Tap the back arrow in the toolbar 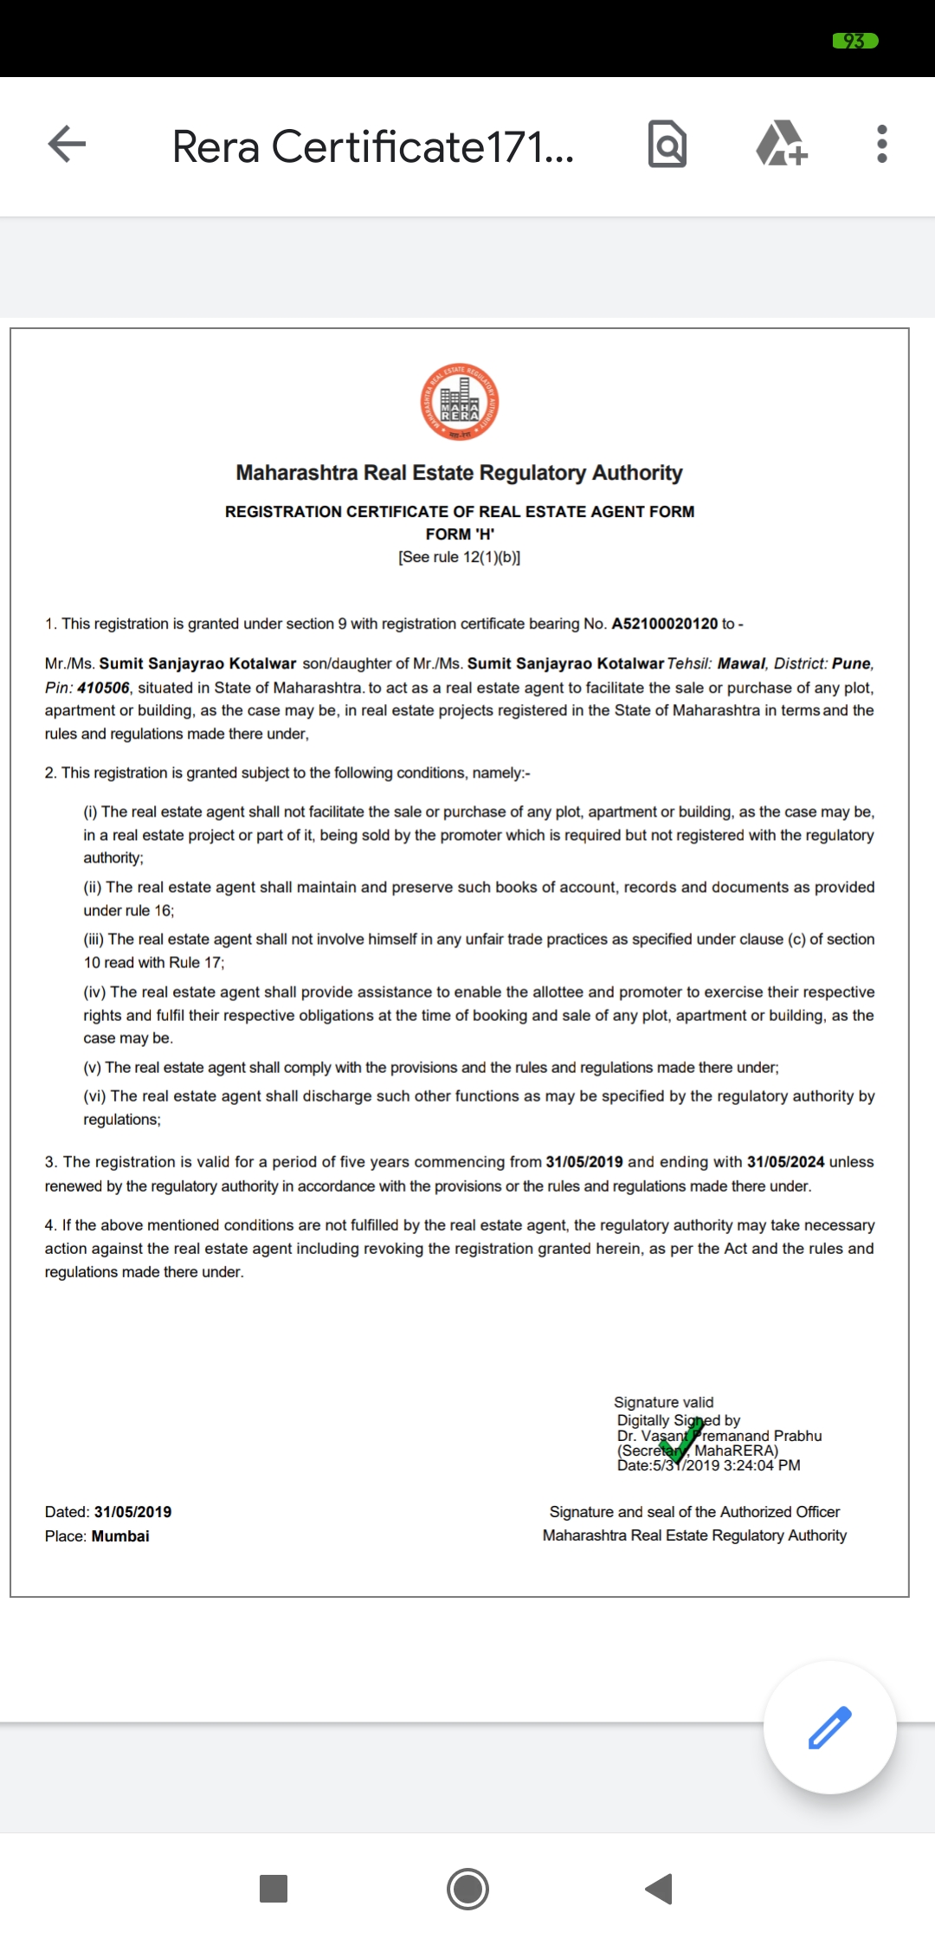[68, 144]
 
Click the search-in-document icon [667, 144]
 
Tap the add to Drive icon [782, 144]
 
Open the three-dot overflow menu [881, 144]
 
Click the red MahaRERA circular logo [460, 402]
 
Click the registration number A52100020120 [664, 624]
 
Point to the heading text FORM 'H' [460, 534]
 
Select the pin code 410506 [103, 688]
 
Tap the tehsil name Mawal [741, 663]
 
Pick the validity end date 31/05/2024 [785, 1161]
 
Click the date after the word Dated [132, 1512]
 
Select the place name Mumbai [120, 1536]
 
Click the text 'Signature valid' [663, 1402]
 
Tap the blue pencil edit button [829, 1728]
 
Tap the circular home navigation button [467, 1889]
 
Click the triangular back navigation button [660, 1889]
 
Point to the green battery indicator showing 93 [854, 41]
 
